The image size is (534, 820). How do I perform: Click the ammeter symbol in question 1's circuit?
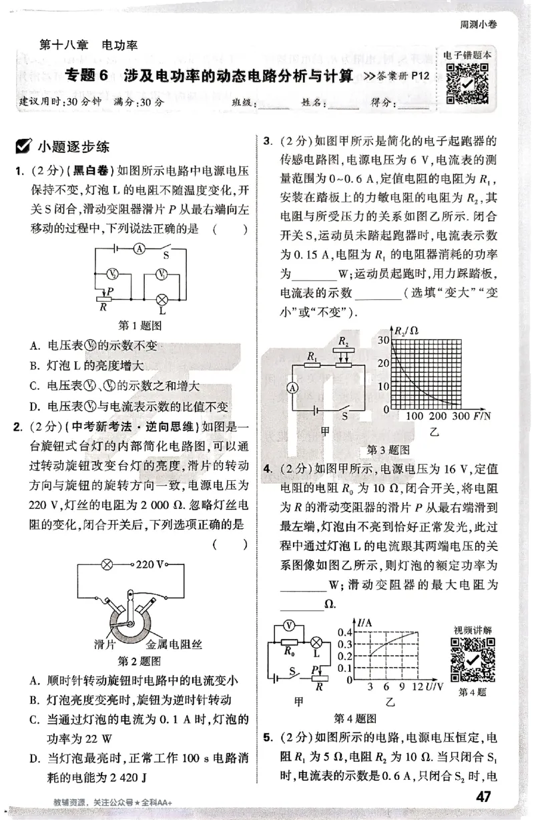click(139, 247)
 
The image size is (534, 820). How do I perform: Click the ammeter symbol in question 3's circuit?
click(291, 387)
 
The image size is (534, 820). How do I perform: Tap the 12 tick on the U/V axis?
click(418, 686)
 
